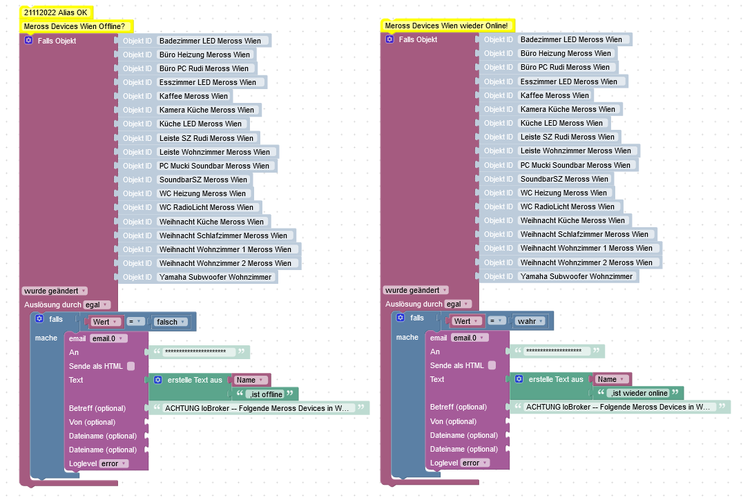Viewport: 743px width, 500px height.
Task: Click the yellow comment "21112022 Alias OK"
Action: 56,12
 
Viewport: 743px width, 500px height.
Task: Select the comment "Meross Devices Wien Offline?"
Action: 75,26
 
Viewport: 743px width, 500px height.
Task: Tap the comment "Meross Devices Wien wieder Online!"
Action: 446,26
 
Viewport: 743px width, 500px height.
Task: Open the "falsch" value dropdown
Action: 170,322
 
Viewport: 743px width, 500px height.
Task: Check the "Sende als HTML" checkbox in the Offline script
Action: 131,366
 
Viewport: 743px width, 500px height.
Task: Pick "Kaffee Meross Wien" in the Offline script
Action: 193,96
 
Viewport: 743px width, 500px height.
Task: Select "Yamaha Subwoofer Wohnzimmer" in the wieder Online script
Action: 577,276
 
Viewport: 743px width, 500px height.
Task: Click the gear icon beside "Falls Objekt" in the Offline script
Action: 28,41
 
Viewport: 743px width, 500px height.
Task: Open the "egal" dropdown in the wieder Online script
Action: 456,304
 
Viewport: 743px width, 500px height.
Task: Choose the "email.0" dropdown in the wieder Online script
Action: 469,338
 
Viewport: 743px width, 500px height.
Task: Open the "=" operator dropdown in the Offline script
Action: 135,322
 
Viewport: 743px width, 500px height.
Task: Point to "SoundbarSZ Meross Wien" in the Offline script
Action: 203,180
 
